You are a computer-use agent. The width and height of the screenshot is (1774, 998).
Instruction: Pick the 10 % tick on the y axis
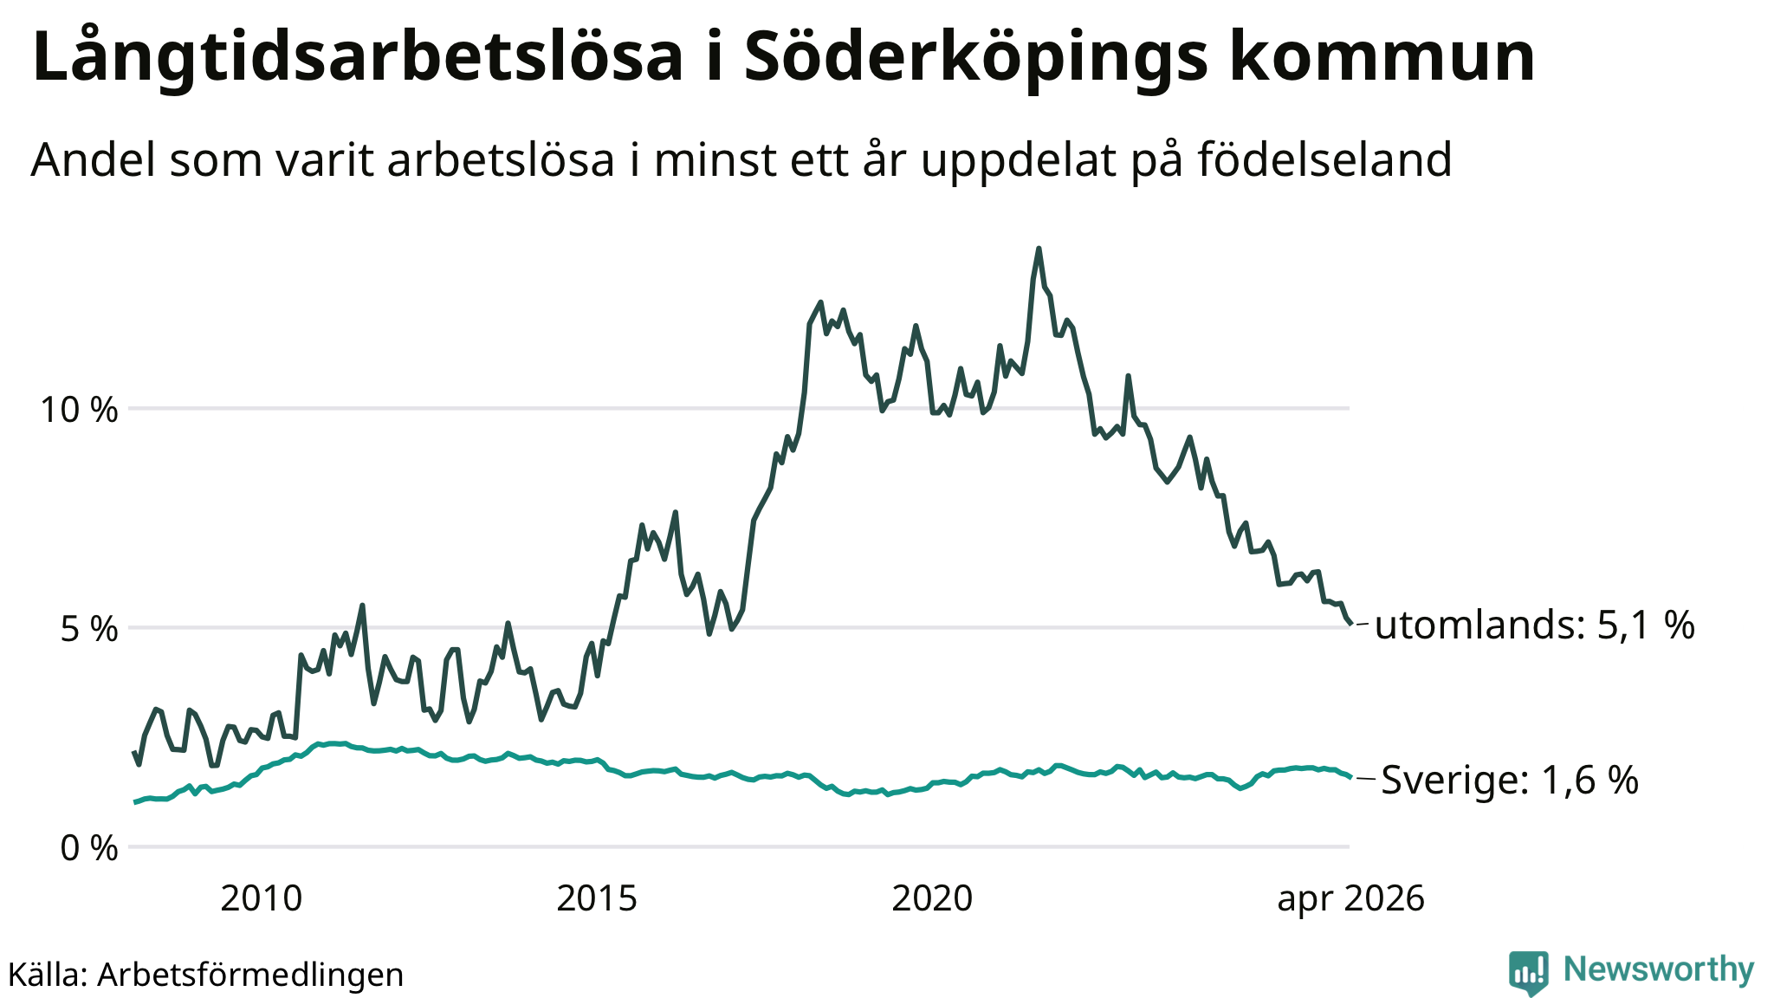pos(79,409)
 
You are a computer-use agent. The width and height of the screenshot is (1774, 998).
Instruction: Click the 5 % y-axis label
pos(89,629)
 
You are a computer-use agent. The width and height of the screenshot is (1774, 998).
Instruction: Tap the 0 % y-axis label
pos(89,848)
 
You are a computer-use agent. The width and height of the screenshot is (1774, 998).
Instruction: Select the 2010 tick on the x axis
pos(262,898)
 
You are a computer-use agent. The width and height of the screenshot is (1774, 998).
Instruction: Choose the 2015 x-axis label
pos(597,898)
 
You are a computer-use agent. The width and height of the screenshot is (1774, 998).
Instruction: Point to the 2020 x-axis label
pos(932,898)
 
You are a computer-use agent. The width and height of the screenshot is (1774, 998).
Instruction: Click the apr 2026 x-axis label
pos(1350,899)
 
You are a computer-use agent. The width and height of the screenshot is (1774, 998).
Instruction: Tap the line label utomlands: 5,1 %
pos(1534,625)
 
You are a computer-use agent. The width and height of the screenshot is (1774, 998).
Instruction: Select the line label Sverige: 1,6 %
pos(1510,780)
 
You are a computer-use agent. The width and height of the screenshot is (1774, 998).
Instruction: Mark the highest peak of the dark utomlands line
pos(1039,249)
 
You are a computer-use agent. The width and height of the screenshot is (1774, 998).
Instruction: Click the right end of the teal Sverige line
pos(1350,777)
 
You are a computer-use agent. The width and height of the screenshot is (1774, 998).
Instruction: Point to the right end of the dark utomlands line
pos(1350,623)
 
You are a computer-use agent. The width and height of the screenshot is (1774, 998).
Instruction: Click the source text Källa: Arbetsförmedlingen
pos(205,975)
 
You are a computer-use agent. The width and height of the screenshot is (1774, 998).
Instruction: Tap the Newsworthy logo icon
pos(1529,973)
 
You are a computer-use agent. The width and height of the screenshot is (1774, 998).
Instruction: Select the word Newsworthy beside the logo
pos(1659,969)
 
